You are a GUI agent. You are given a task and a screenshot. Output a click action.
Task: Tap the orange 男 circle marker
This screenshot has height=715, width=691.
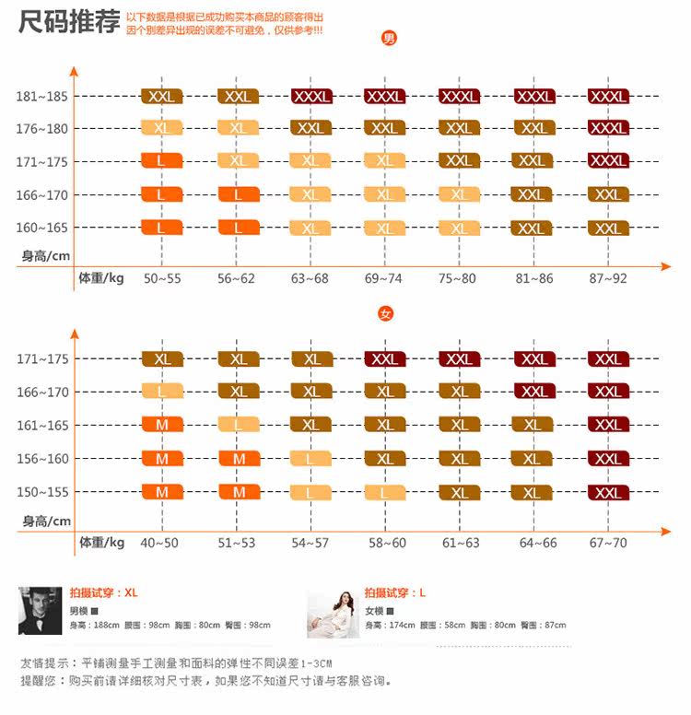click(x=389, y=39)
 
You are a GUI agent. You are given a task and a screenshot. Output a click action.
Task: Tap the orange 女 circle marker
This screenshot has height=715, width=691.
click(x=386, y=314)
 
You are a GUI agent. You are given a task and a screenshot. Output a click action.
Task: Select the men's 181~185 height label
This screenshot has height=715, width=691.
click(x=42, y=96)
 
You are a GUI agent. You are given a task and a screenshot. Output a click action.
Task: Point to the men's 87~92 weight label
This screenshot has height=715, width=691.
click(x=608, y=277)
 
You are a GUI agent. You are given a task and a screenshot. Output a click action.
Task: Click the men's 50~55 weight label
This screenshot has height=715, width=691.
click(x=161, y=277)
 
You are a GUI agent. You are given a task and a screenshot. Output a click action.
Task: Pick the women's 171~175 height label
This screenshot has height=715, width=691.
click(x=42, y=359)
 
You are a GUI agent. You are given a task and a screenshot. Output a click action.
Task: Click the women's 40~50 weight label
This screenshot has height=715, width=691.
click(x=159, y=543)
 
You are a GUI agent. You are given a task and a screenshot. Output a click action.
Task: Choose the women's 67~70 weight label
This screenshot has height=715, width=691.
click(x=608, y=543)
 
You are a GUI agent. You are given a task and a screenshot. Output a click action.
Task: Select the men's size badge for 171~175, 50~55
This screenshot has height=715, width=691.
click(x=161, y=161)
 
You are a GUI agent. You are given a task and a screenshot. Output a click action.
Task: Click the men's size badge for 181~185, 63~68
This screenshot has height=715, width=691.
click(x=310, y=96)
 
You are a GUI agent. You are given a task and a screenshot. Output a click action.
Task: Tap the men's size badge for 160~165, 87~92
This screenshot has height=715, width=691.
click(x=608, y=228)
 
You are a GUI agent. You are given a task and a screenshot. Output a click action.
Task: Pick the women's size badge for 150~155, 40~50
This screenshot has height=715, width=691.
click(x=161, y=492)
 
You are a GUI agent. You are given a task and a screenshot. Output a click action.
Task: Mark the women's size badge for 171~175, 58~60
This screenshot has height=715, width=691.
click(x=385, y=359)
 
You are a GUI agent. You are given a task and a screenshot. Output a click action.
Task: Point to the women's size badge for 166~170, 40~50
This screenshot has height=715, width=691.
click(x=161, y=392)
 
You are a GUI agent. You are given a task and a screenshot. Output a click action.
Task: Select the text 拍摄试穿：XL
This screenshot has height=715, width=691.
click(x=103, y=592)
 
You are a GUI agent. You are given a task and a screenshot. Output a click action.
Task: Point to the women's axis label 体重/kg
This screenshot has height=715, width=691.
click(x=101, y=542)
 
